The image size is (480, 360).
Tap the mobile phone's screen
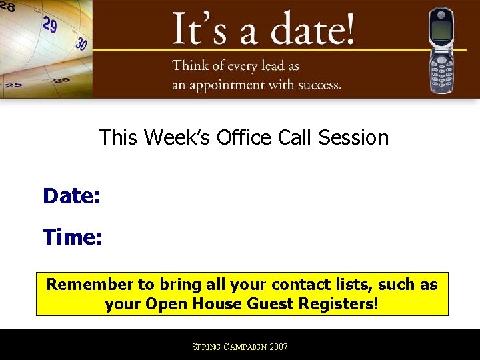[x=441, y=30]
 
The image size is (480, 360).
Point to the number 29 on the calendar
[x=50, y=25]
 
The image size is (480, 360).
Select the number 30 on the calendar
[x=81, y=44]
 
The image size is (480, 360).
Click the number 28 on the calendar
[x=8, y=6]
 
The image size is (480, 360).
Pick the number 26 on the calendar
[x=61, y=80]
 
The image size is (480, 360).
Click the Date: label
[x=71, y=196]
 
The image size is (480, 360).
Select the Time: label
[x=73, y=237]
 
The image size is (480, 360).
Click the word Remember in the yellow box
[x=90, y=285]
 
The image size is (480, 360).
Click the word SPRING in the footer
[x=207, y=347]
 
